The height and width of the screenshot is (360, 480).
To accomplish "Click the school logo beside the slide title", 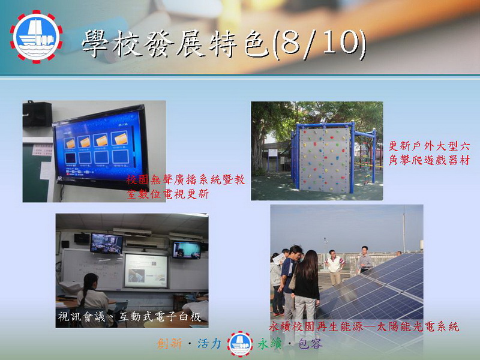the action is tap(36, 37).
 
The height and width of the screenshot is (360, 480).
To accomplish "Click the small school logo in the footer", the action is tap(240, 344).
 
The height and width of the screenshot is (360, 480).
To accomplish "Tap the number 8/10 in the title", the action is tap(319, 44).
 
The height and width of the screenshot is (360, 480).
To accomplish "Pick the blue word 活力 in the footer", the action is tap(209, 344).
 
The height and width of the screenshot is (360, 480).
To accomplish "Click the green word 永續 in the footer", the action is tap(269, 344).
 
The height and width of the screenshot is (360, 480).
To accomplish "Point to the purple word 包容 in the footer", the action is tap(310, 344).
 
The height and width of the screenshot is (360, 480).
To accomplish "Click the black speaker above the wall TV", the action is tap(37, 114).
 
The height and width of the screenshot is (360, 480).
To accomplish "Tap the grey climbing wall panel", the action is tap(325, 160).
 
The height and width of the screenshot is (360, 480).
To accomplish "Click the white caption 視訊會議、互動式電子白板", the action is tap(129, 317).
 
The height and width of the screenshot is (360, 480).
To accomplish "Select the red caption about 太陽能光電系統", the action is tap(364, 326).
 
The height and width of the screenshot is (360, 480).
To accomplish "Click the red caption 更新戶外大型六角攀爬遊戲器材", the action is tap(429, 153).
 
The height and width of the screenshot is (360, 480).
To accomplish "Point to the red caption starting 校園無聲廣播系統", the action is tap(186, 187).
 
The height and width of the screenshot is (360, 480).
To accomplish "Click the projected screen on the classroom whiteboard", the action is tap(146, 271).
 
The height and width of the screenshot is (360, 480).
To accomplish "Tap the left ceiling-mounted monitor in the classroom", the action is tap(107, 244).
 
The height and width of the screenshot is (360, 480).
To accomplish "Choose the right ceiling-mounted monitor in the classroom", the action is tap(187, 250).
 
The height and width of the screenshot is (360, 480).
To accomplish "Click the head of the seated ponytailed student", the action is tap(91, 281).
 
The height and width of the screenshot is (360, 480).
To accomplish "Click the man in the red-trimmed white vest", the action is tap(334, 267).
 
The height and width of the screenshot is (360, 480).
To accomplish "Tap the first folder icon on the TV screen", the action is tap(70, 143).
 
